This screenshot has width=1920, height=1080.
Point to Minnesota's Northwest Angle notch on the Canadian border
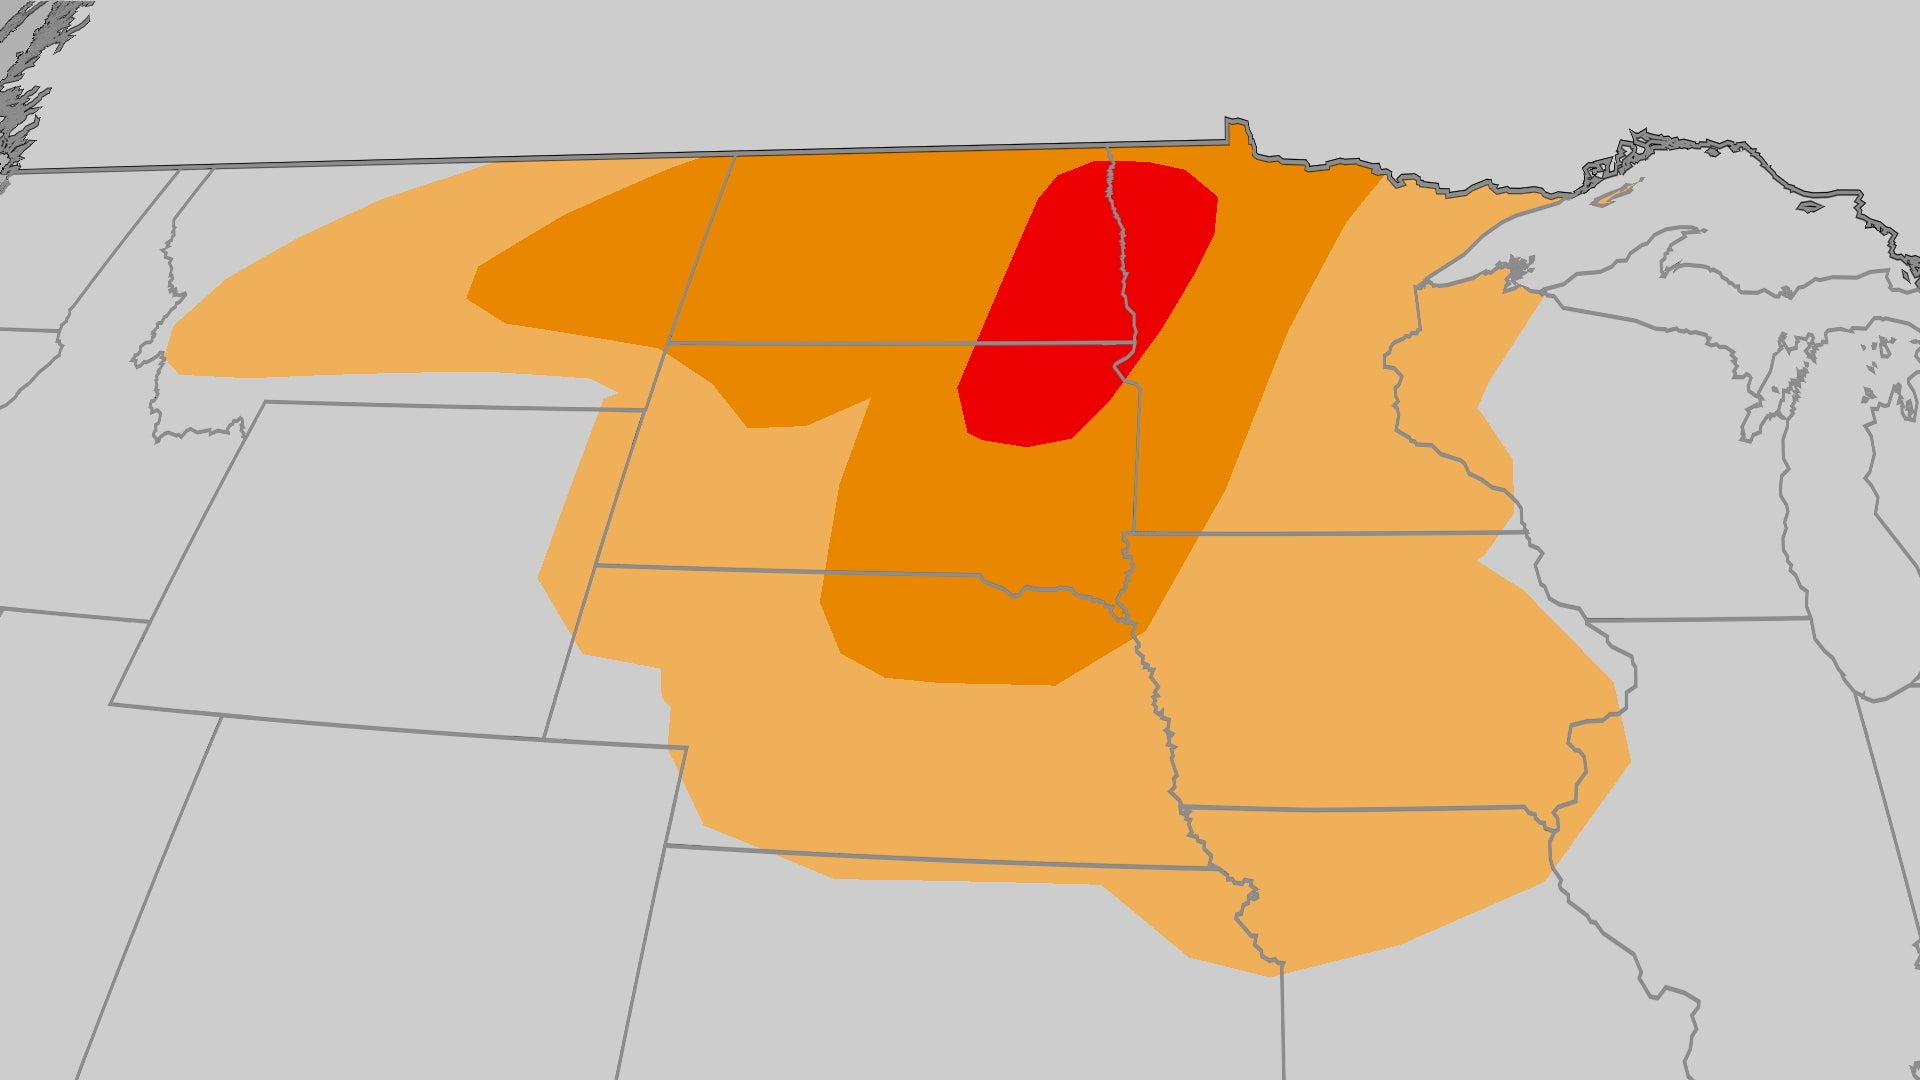[1238, 127]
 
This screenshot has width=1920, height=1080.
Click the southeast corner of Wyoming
[544, 739]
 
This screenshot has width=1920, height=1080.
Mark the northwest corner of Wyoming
[266, 402]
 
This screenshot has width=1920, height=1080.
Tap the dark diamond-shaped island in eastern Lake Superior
[1809, 208]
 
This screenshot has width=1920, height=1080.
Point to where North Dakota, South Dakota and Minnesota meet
[1133, 343]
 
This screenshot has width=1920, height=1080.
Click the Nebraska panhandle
[620, 620]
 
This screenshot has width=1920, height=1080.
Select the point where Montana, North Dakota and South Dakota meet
[668, 343]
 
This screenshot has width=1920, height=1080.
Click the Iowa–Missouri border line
[1360, 808]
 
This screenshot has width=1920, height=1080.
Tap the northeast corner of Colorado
[687, 747]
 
